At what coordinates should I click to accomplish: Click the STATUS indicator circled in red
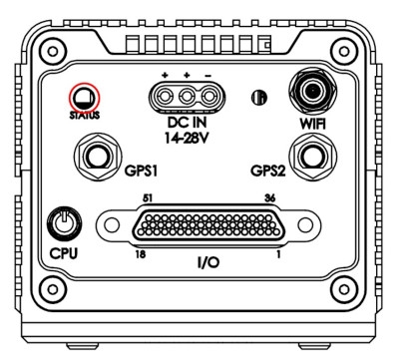click(84, 98)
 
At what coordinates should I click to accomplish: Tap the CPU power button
click(64, 223)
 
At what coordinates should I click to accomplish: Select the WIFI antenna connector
click(312, 91)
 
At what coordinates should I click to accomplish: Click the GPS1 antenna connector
click(98, 157)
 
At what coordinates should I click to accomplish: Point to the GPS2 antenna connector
click(312, 157)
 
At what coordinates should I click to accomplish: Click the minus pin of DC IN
click(208, 97)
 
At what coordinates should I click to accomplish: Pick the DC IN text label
click(187, 123)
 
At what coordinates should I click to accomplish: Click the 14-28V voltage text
click(187, 138)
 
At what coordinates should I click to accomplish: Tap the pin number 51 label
click(148, 198)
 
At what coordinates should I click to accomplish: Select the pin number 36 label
click(269, 198)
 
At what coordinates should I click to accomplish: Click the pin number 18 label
click(141, 254)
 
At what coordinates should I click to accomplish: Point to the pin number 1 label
click(278, 254)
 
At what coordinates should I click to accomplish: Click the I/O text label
click(208, 262)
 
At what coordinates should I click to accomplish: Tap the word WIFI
click(312, 124)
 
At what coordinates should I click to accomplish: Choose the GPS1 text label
click(141, 171)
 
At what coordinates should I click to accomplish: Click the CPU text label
click(64, 253)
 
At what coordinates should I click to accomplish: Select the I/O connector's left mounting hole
click(112, 225)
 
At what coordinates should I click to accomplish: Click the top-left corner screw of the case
click(52, 52)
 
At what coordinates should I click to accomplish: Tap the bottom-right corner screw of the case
click(344, 289)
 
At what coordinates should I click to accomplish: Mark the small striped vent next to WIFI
click(259, 98)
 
